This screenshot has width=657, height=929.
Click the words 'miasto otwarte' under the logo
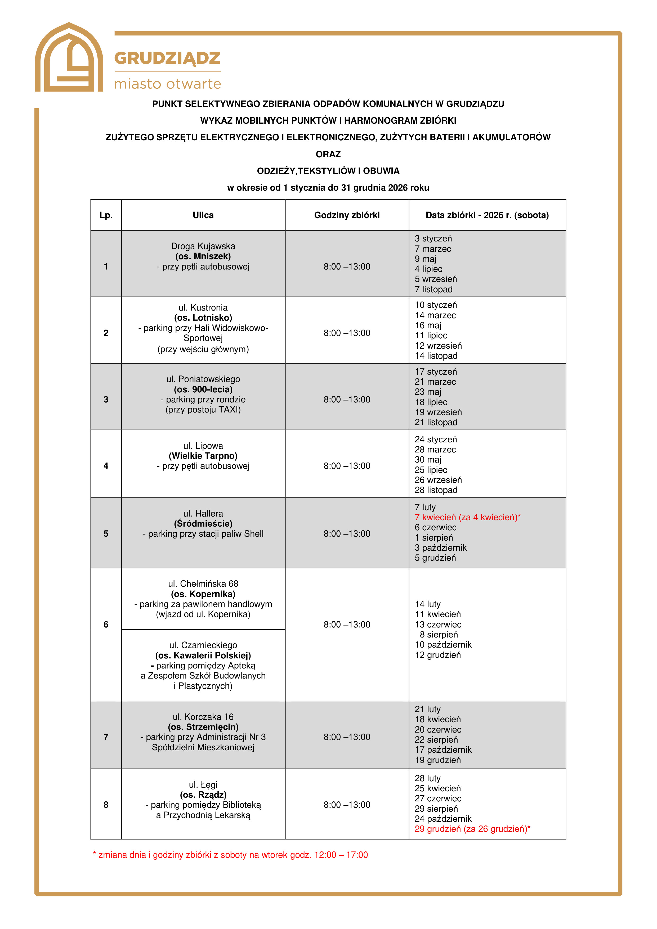click(168, 84)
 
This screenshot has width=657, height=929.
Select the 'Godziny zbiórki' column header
click(347, 215)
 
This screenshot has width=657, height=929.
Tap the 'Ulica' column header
click(203, 215)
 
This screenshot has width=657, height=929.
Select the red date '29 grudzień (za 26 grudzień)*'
click(472, 829)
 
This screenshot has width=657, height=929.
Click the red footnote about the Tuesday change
click(230, 855)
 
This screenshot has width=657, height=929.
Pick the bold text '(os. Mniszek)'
click(203, 256)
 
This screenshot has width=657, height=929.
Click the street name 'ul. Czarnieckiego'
click(203, 645)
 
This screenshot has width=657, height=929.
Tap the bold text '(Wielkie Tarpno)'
click(203, 456)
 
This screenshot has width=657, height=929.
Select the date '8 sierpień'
click(439, 634)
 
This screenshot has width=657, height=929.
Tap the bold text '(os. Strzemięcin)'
click(203, 727)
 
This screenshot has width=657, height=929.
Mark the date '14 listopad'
click(436, 356)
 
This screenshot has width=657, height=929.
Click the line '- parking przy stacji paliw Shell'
click(203, 534)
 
